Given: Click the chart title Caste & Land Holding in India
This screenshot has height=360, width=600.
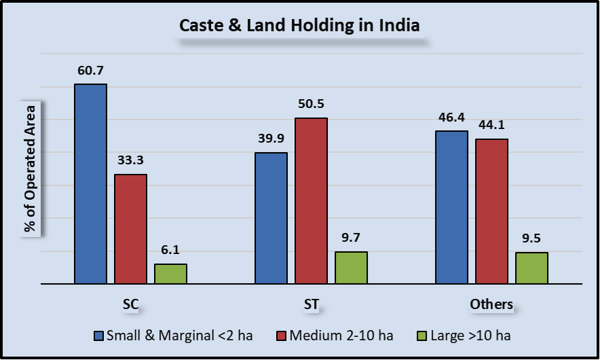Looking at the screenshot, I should coord(299,26).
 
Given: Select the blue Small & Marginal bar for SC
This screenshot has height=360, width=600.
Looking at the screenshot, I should coord(90,183).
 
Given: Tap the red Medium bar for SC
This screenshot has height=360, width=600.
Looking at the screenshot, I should coord(130,228).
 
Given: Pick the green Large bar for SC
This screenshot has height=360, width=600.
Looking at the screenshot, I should coord(170,273).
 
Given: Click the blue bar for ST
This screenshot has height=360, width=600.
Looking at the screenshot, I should coord(271,217).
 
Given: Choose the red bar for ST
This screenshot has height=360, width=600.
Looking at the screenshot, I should coord(311,200).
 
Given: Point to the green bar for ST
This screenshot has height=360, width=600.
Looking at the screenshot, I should coord(351,267).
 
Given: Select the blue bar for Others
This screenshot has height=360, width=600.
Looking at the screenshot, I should coord(451,206).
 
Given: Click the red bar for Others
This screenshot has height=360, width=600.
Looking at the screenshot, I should coord(491,211).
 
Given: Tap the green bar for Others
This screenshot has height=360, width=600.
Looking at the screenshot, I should coord(531,268).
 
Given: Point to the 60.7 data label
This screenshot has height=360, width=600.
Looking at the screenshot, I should coord(90,70).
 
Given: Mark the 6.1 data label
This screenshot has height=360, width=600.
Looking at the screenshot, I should coord(170,250).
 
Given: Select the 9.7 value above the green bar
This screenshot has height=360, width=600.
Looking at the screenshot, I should coord(351,238).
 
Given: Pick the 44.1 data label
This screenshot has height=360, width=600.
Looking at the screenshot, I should coord(491,125).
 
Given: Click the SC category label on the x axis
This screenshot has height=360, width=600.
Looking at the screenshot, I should coord(130,304).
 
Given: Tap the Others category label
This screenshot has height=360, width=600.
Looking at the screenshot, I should coord(491,304).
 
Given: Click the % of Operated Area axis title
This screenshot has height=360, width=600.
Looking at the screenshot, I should coord(31,169).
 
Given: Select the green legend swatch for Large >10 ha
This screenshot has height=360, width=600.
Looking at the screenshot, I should coord(421,335).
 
